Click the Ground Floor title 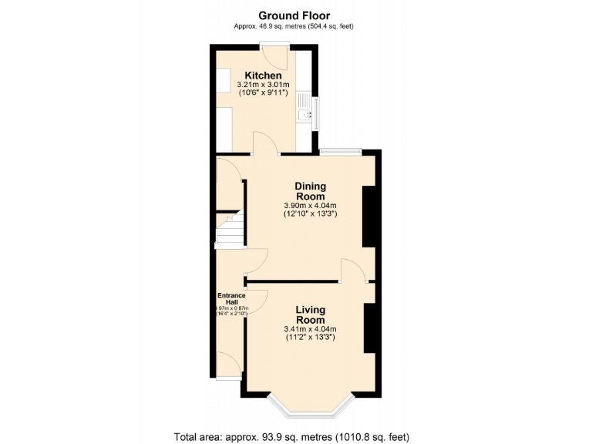pyautogui.click(x=295, y=15)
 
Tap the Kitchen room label pyautogui.click(x=264, y=75)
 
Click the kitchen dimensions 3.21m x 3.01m pyautogui.click(x=264, y=84)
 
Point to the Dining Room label pyautogui.click(x=311, y=191)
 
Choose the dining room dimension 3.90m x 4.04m pyautogui.click(x=311, y=206)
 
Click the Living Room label pyautogui.click(x=311, y=314)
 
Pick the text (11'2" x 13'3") pyautogui.click(x=311, y=338)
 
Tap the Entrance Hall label pyautogui.click(x=230, y=298)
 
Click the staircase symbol pyautogui.click(x=229, y=229)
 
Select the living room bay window pyautogui.click(x=311, y=404)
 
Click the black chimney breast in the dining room pyautogui.click(x=368, y=218)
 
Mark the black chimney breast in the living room pyautogui.click(x=369, y=328)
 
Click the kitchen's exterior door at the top pyautogui.click(x=274, y=55)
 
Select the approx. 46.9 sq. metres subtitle pyautogui.click(x=295, y=26)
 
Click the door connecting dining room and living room pyautogui.click(x=355, y=271)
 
